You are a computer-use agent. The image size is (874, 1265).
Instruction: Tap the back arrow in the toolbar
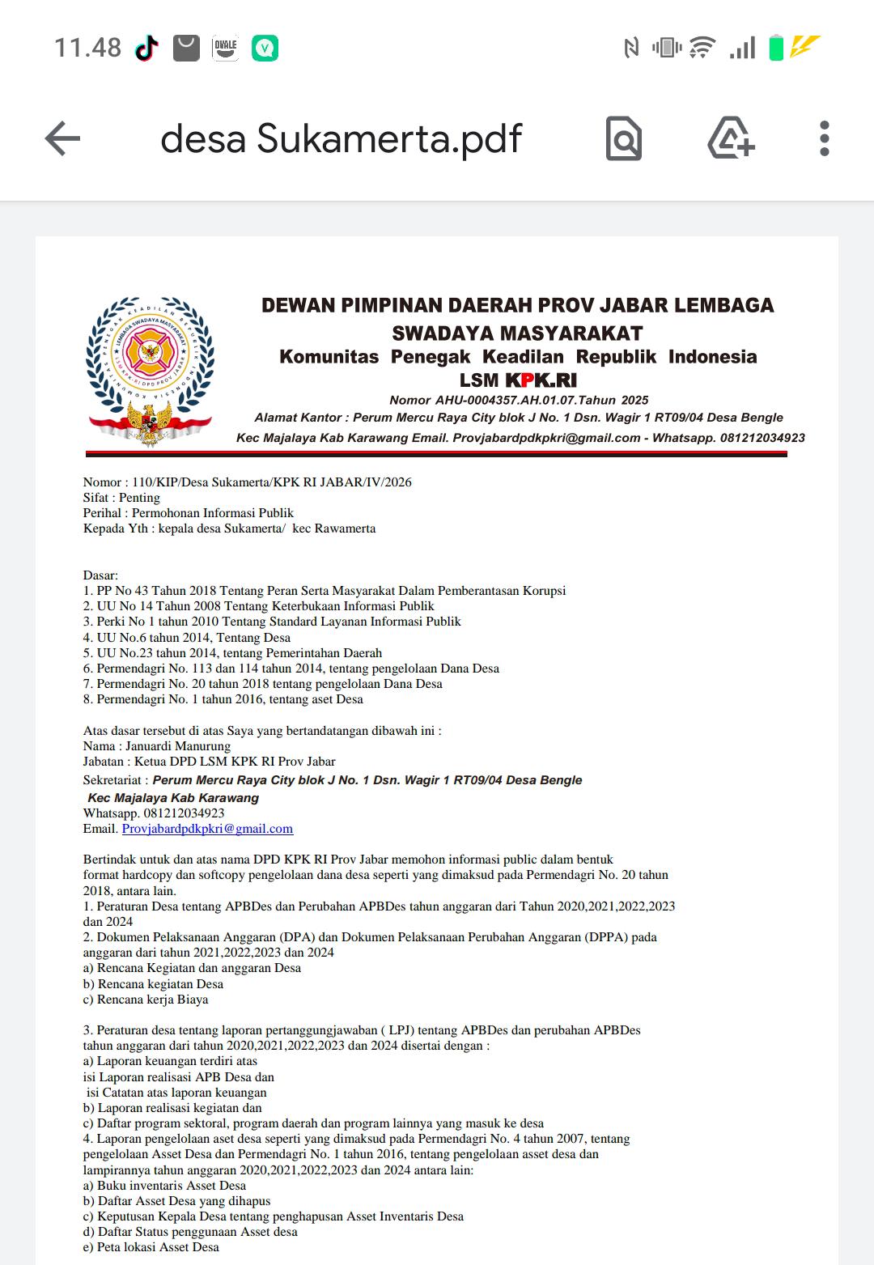(62, 138)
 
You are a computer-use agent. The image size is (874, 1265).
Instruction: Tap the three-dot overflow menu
(824, 138)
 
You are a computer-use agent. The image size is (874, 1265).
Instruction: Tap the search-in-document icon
(624, 138)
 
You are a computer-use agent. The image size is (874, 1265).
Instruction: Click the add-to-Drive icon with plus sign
(731, 138)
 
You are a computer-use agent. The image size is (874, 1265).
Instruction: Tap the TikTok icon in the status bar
(146, 49)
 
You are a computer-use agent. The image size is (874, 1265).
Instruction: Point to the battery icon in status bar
(775, 48)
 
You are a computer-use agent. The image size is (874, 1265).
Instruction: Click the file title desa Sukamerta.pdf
(341, 138)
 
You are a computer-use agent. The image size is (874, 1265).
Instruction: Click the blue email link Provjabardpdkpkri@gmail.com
(207, 829)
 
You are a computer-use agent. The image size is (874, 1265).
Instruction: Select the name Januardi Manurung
(178, 746)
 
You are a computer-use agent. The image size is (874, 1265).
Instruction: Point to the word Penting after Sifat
(139, 498)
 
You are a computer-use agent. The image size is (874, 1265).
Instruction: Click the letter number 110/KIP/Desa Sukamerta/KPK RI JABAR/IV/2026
(272, 482)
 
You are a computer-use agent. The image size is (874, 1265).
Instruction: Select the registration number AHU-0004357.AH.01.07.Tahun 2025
(541, 400)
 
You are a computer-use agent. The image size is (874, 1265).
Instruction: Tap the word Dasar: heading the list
(100, 575)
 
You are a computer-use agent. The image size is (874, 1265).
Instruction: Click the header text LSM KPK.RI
(518, 380)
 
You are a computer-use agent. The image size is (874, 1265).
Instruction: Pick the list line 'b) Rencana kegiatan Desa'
(153, 984)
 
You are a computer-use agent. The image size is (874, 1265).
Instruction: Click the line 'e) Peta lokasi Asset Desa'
(151, 1247)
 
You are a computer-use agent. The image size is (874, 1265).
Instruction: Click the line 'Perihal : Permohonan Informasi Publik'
(188, 513)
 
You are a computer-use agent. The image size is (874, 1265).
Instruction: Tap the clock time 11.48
(87, 48)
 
